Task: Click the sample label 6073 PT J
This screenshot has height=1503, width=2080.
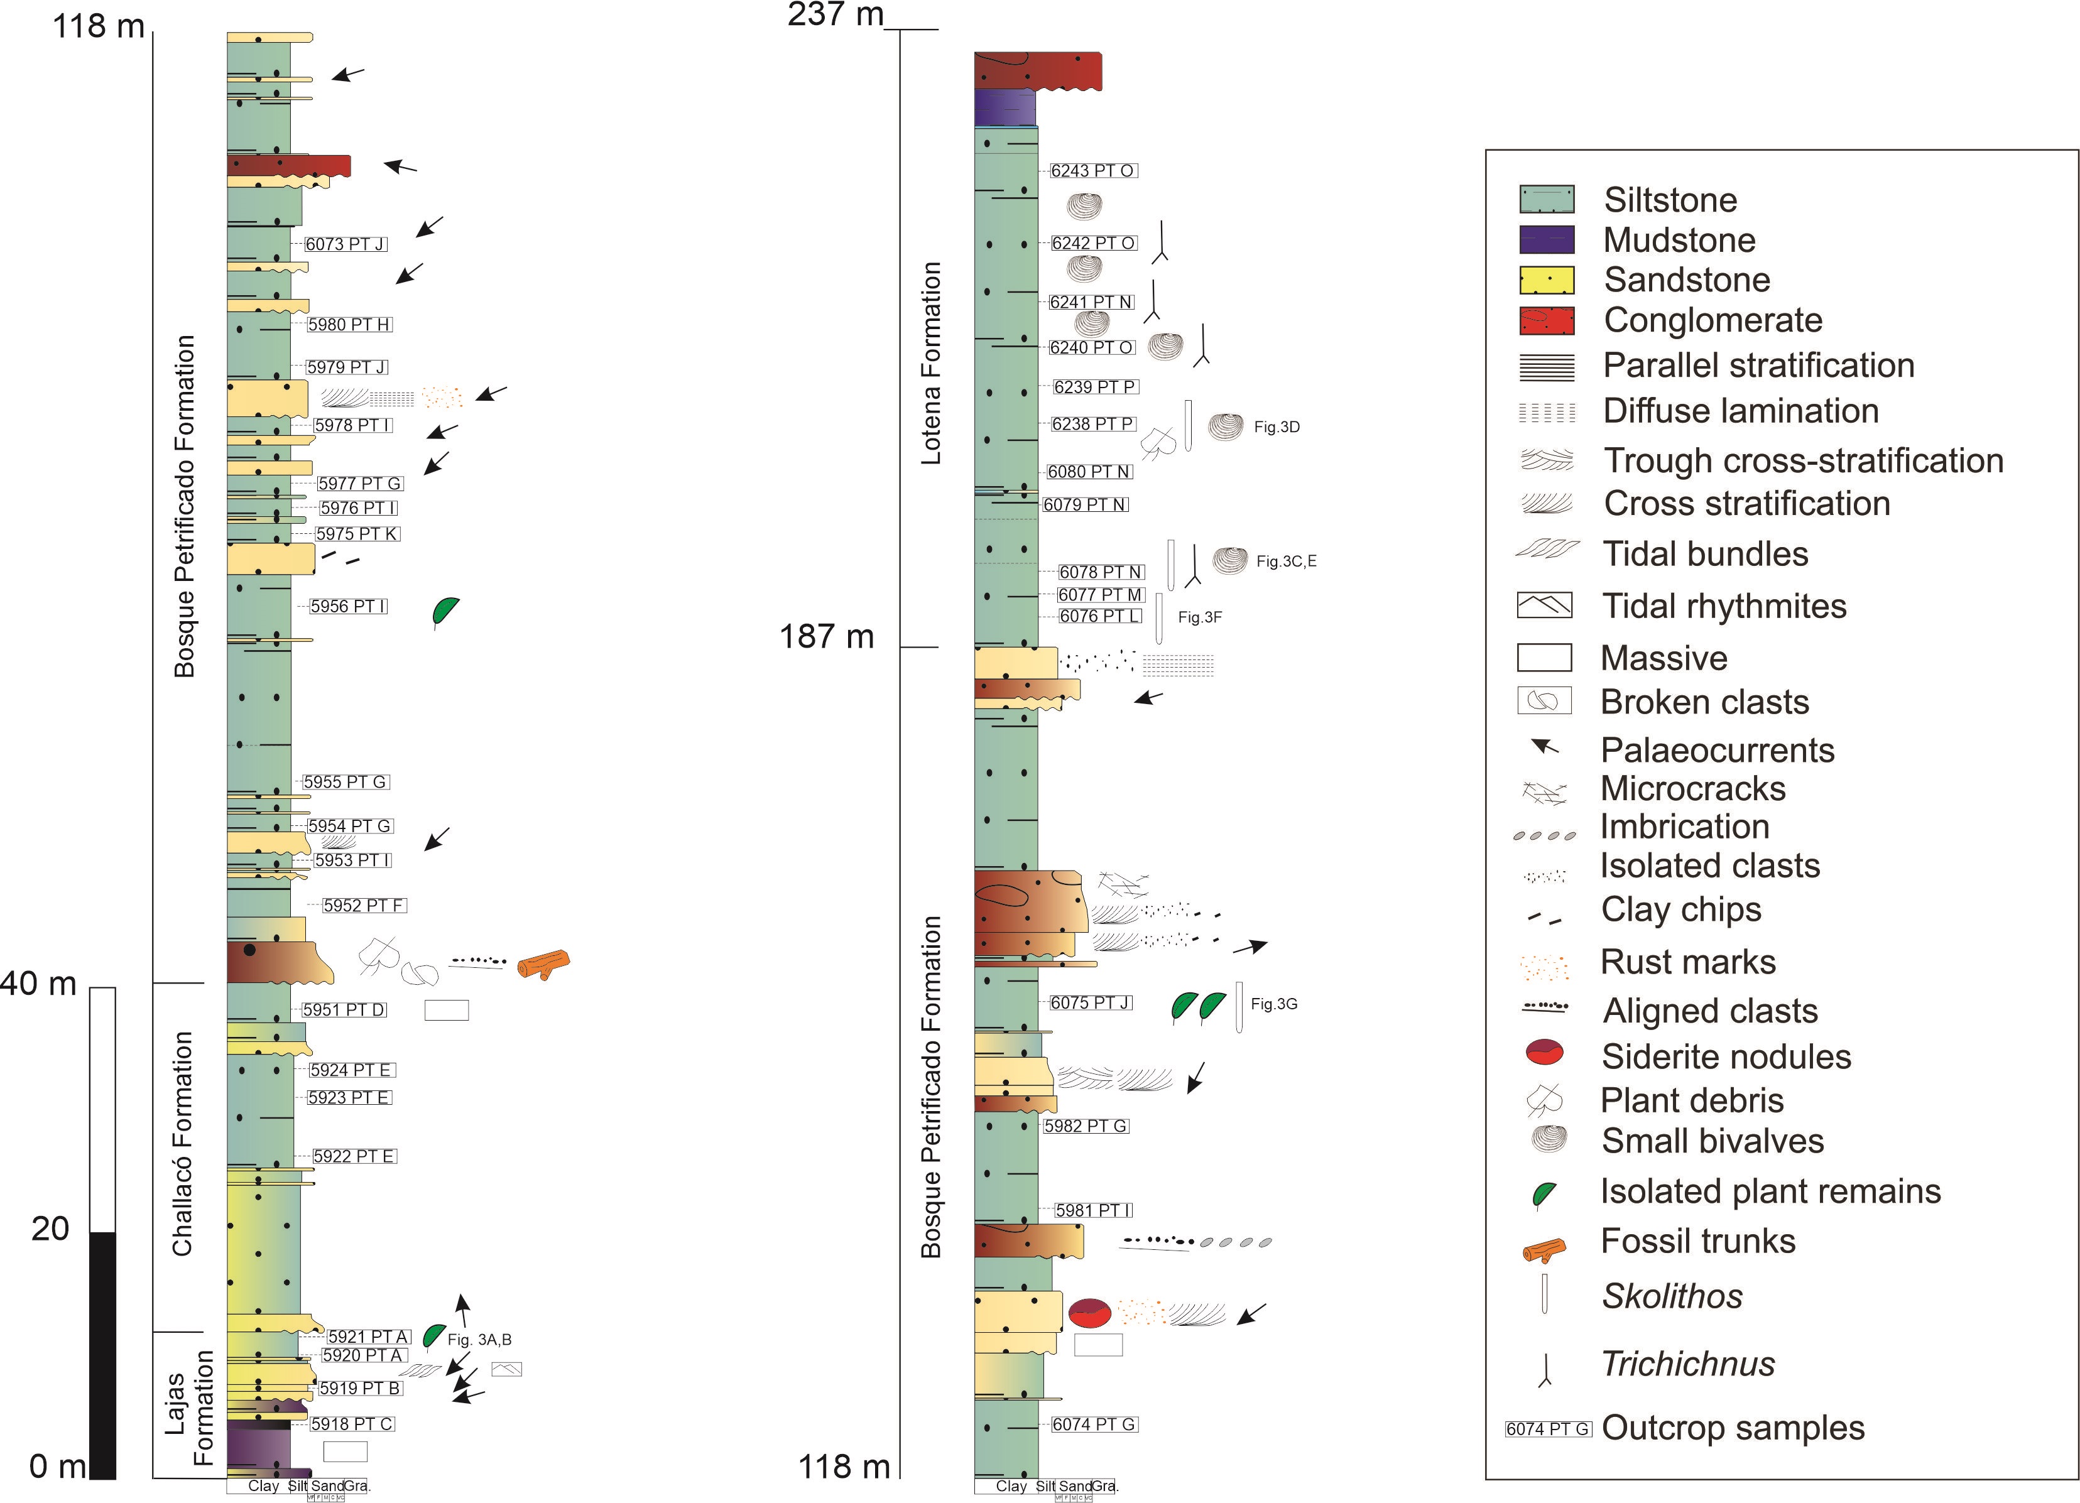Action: point(346,244)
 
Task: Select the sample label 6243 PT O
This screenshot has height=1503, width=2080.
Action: point(1093,171)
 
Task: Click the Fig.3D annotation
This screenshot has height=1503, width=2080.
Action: point(1277,426)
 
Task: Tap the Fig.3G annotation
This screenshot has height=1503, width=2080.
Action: point(1274,1004)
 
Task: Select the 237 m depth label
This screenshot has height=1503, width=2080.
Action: point(834,14)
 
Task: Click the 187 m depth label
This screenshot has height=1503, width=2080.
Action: point(826,636)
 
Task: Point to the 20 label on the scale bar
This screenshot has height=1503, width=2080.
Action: point(50,1229)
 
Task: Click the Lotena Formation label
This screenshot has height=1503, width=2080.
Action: point(931,363)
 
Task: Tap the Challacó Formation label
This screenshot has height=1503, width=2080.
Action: point(183,1144)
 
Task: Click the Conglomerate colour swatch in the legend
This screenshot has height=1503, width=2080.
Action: point(1547,321)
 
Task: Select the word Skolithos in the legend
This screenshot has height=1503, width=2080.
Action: point(1672,1296)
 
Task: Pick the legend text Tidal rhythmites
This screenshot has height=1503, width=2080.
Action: point(1724,606)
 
